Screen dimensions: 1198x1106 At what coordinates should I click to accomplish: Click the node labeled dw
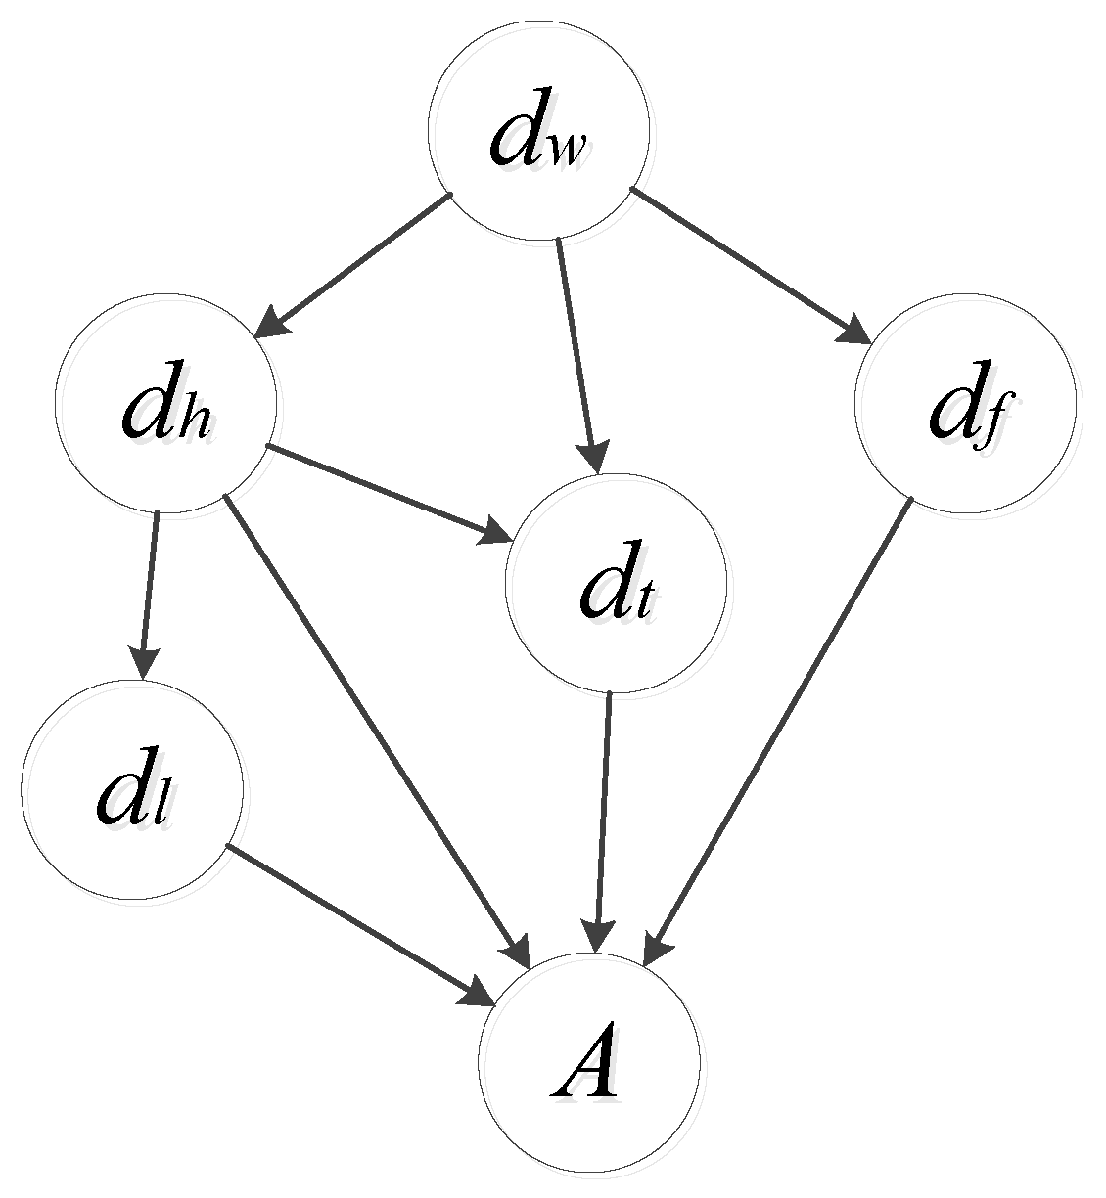pos(538,130)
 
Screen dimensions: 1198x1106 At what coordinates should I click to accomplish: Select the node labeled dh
pos(165,403)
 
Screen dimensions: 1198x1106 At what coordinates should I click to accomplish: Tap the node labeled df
pos(965,403)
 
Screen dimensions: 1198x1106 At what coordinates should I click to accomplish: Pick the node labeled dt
pos(617,584)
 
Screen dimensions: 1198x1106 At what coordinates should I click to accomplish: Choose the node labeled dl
pos(132,788)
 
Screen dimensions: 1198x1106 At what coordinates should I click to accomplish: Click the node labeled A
pos(589,1064)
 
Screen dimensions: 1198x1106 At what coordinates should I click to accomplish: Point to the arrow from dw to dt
pos(576,352)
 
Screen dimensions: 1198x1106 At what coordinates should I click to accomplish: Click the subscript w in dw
pos(565,151)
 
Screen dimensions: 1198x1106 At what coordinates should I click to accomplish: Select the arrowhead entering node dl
pos(143,665)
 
